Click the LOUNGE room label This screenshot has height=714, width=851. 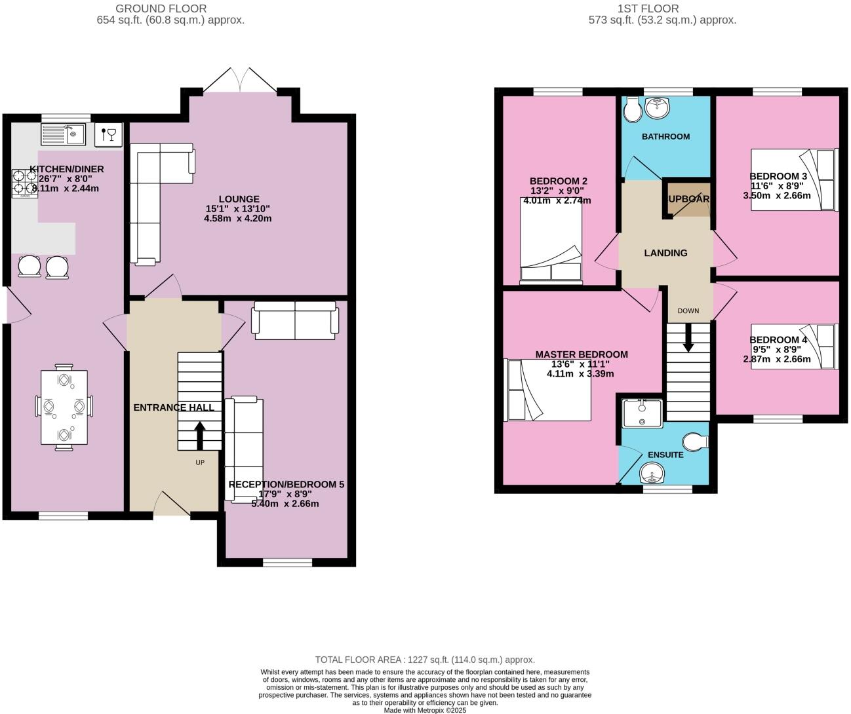point(239,199)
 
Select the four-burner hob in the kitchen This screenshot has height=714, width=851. point(24,183)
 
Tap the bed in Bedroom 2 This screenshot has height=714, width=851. point(551,241)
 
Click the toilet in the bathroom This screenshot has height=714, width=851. point(632,111)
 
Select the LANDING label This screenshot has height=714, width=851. point(665,253)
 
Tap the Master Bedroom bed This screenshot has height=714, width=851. point(547,389)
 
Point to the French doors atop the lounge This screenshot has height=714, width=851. point(241,82)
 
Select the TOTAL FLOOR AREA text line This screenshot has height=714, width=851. point(425,660)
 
